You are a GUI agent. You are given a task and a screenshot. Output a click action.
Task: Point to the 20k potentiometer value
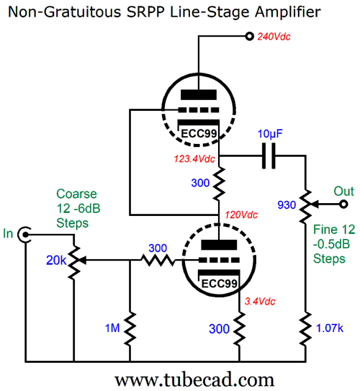click(56, 261)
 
